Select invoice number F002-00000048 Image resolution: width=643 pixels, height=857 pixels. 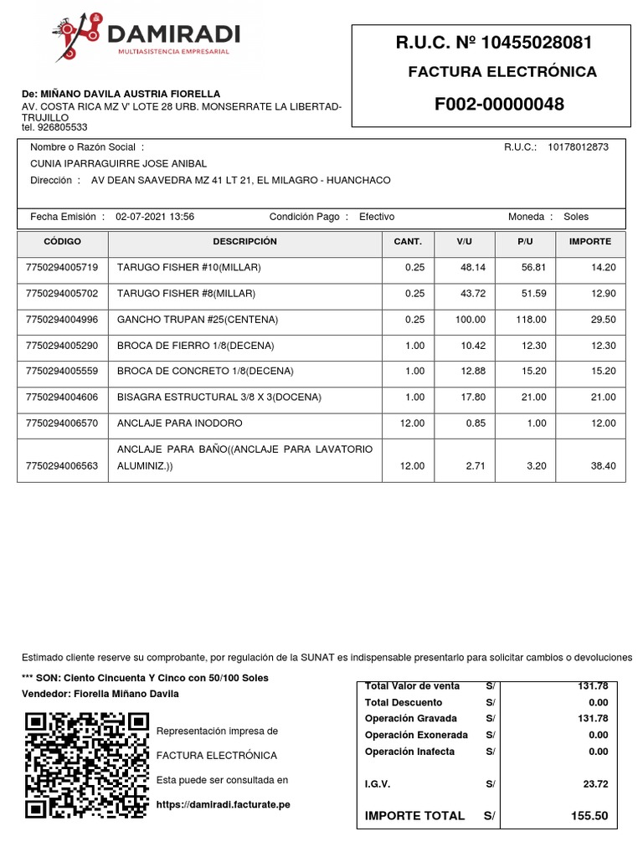(499, 105)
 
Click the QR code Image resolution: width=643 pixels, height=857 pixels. (86, 765)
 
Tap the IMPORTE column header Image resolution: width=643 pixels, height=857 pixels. (589, 242)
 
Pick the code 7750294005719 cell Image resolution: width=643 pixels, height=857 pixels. (62, 268)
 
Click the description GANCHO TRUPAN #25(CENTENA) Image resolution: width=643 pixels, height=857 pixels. (198, 320)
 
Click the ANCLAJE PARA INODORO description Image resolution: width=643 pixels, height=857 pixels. (179, 423)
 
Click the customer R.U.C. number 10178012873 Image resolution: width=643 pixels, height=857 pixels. (579, 147)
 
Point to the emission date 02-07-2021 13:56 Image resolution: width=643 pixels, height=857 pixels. (155, 217)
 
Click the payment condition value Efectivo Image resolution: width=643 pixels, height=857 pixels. (377, 217)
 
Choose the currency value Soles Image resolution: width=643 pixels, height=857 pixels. (576, 217)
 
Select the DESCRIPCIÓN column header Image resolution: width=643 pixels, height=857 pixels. (244, 242)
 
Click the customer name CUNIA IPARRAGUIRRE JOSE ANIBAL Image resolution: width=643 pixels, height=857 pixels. (118, 164)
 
